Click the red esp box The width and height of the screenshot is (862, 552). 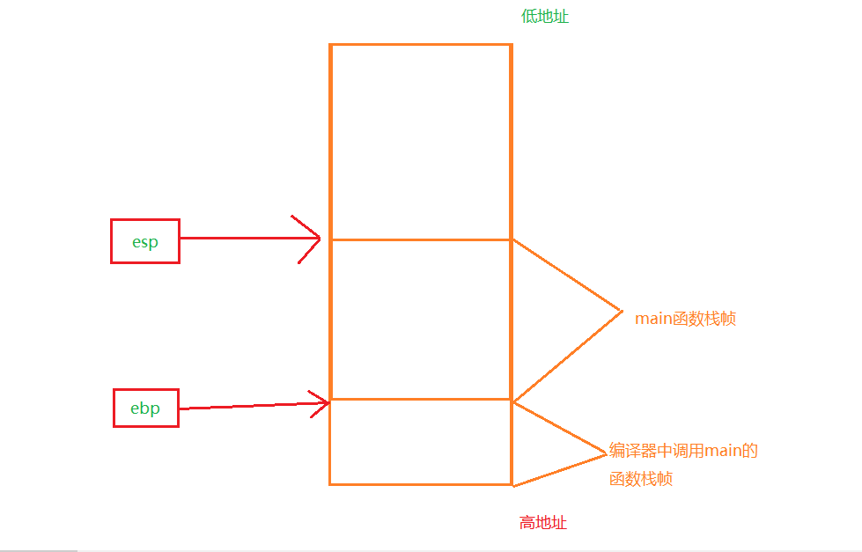click(145, 241)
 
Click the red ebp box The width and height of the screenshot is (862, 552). click(146, 408)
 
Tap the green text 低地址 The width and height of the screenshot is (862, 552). click(545, 16)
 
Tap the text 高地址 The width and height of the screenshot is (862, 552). click(543, 523)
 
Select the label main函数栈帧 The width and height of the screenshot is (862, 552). click(685, 319)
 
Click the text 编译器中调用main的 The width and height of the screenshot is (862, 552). click(683, 451)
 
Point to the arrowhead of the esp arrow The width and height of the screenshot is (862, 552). click(319, 239)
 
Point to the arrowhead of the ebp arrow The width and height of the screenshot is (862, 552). click(328, 402)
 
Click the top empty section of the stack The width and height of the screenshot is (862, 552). click(421, 141)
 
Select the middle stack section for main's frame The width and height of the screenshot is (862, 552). click(421, 320)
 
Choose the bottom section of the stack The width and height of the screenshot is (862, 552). click(421, 442)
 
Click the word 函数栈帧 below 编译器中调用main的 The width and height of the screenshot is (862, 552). click(640, 480)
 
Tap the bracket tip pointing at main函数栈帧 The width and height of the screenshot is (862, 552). click(622, 311)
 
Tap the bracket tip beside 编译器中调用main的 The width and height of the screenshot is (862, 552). click(608, 453)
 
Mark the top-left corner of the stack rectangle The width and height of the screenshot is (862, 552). click(331, 45)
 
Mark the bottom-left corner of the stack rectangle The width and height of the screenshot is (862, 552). click(331, 483)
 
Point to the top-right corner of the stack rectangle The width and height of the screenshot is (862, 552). click(511, 45)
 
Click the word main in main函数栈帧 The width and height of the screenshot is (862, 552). click(653, 319)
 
